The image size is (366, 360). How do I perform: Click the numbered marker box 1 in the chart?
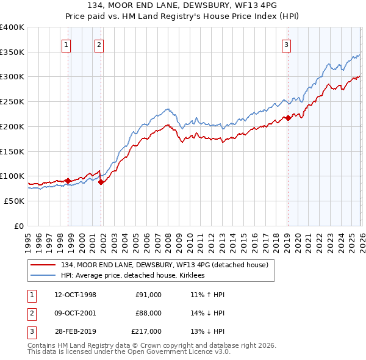(x=65, y=43)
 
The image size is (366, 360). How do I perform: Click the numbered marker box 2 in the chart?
(x=99, y=43)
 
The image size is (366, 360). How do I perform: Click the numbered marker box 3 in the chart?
(x=285, y=43)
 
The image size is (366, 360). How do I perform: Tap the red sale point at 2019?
(x=288, y=118)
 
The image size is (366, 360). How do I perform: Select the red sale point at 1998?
(x=68, y=180)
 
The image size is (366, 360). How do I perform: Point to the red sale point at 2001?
(x=101, y=182)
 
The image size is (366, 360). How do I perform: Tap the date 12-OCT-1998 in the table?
(x=75, y=295)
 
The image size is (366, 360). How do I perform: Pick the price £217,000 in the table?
(x=146, y=331)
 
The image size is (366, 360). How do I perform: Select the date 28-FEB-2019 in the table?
(x=75, y=331)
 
